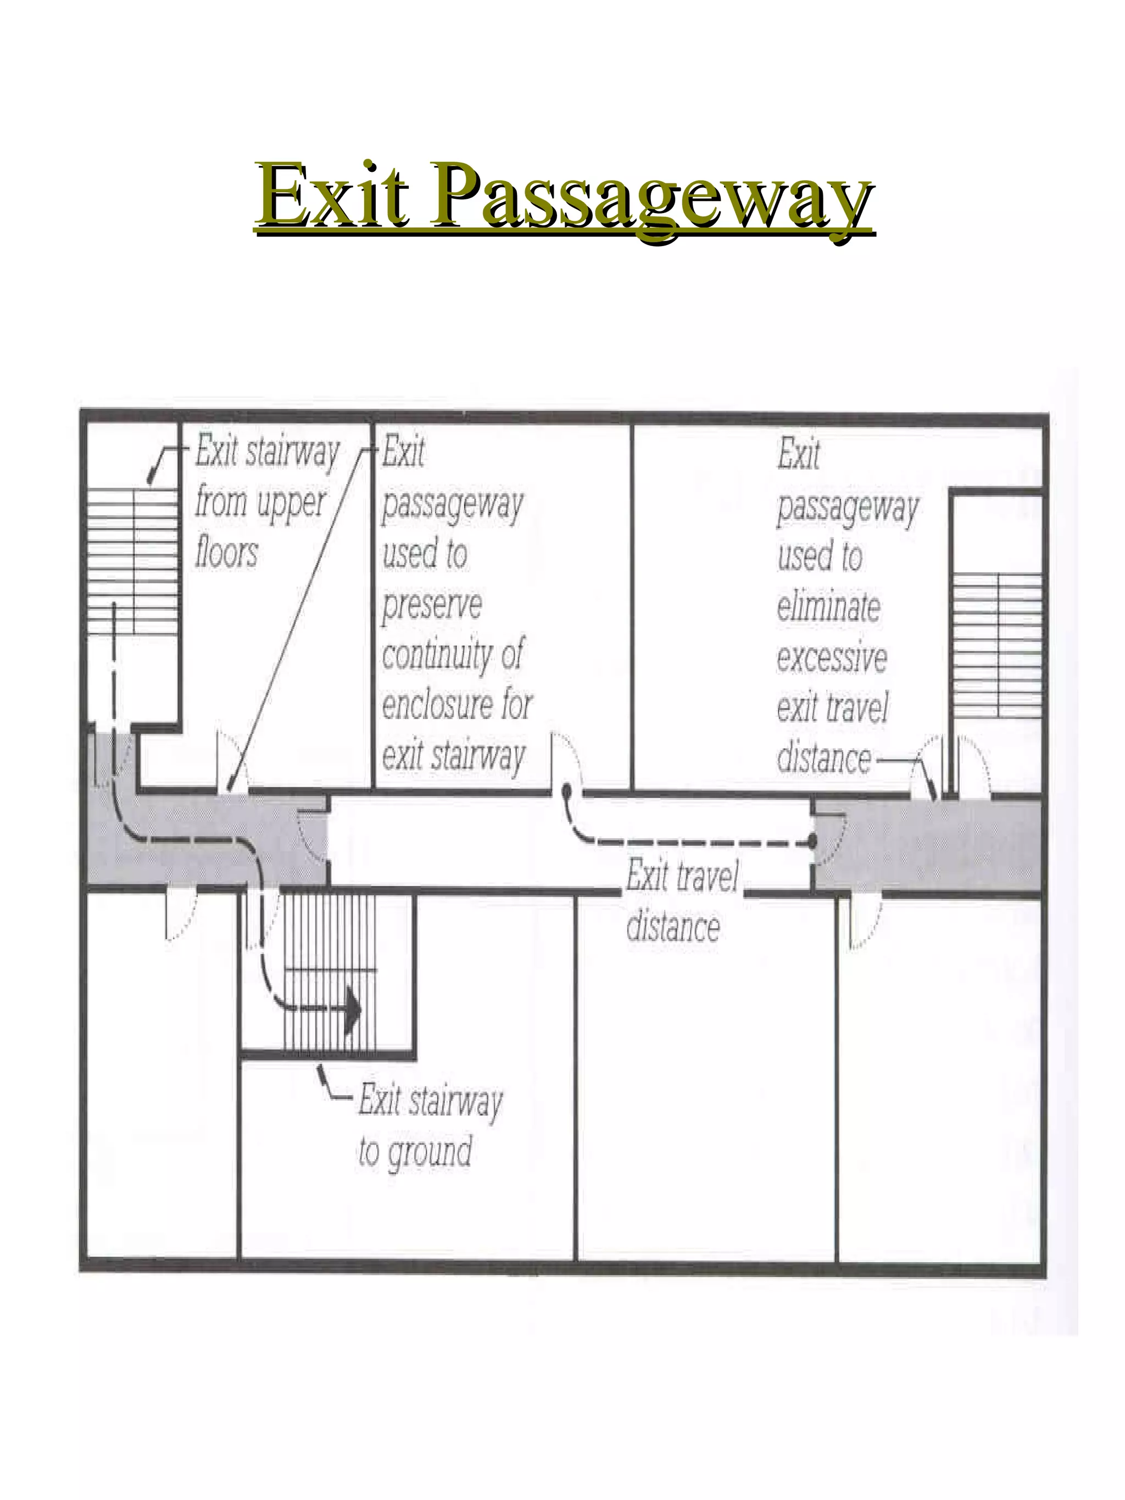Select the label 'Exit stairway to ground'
[x=430, y=1125]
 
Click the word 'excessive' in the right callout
[x=831, y=656]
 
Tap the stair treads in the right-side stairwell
[x=997, y=644]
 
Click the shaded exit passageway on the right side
[x=929, y=845]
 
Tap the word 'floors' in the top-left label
[x=226, y=552]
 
